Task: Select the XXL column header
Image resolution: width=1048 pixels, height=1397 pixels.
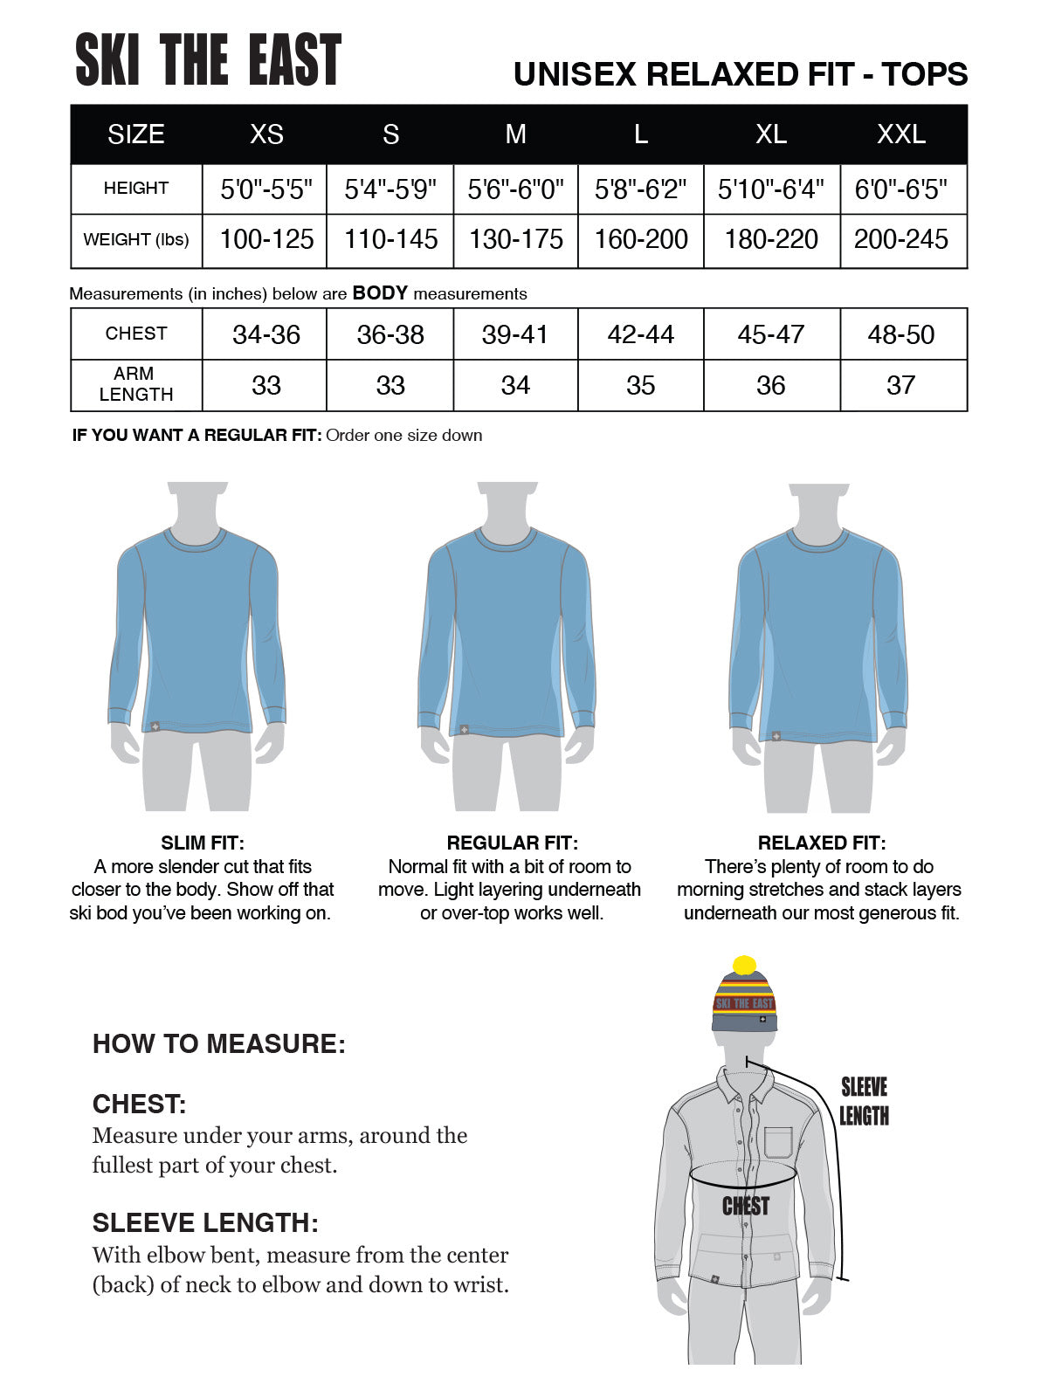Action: click(900, 134)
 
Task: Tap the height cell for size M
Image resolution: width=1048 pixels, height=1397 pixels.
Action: click(515, 189)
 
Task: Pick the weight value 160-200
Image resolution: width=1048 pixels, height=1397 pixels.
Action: click(641, 239)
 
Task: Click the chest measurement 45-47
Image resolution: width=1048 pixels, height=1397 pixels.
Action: click(770, 334)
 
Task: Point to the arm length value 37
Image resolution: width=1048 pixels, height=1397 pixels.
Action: click(900, 385)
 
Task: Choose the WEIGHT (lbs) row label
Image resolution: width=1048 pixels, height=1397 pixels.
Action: click(135, 239)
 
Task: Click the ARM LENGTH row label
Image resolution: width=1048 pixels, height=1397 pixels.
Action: click(135, 384)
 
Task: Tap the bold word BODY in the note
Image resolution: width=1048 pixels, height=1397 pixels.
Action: click(380, 293)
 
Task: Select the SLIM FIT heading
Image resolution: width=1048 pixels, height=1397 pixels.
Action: click(203, 843)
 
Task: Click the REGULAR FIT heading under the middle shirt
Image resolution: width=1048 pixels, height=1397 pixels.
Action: click(512, 843)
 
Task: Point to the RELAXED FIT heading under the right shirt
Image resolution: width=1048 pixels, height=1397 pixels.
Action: click(821, 843)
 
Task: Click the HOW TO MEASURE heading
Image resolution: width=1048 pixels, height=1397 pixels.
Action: click(219, 1043)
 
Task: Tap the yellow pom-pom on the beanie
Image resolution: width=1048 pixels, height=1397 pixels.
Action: click(744, 966)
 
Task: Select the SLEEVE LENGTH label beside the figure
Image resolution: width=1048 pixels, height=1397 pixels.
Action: click(864, 1101)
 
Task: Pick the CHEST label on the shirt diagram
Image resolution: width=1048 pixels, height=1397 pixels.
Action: click(745, 1206)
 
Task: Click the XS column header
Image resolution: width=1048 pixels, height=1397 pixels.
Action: click(266, 134)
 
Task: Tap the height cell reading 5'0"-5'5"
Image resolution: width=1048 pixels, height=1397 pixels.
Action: click(266, 189)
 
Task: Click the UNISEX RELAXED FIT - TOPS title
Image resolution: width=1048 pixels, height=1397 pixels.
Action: click(741, 74)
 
